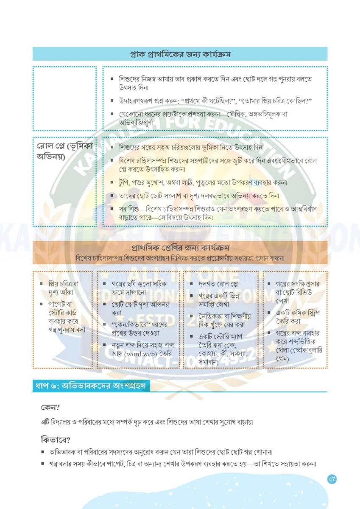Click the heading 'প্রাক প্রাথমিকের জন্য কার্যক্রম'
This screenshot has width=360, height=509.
point(180,54)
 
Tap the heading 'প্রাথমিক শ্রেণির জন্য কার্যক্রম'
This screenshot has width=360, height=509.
point(179,248)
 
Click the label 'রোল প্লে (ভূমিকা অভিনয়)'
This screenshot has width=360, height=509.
point(64,151)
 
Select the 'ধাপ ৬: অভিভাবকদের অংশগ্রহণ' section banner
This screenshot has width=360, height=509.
point(91,386)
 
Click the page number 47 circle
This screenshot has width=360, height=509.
point(332,479)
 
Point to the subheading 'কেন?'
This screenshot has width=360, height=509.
point(50,408)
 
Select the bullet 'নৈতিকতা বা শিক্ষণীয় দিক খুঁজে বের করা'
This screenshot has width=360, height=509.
point(225,320)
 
